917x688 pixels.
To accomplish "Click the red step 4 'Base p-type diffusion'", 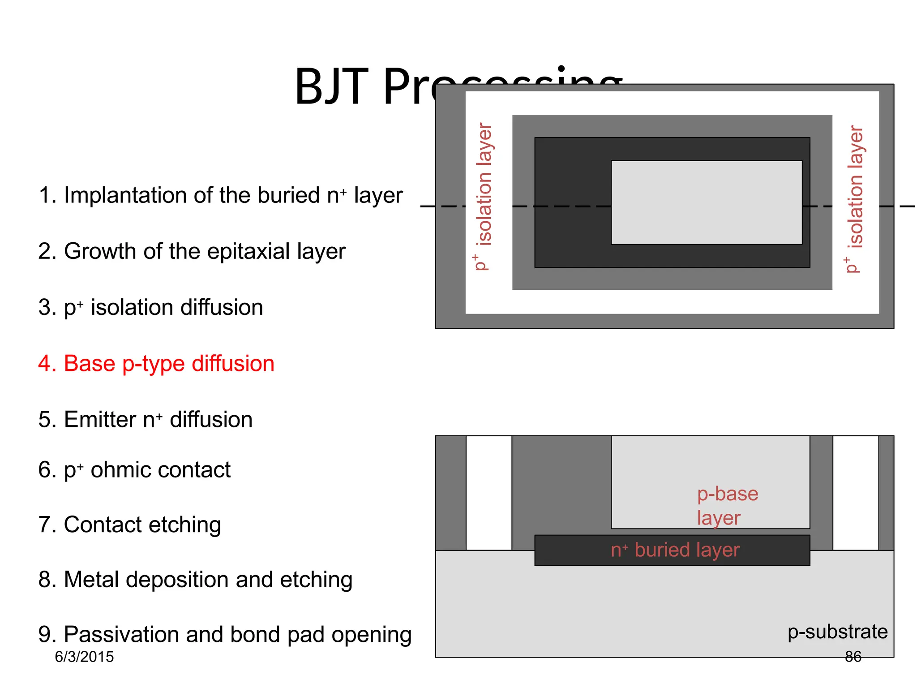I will [x=156, y=363].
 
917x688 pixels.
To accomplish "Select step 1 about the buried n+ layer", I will [x=220, y=195].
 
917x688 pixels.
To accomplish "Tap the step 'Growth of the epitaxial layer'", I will [x=192, y=251].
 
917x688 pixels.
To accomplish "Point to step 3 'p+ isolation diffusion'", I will [x=150, y=307].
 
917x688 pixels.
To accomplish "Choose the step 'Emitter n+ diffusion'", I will [x=145, y=420].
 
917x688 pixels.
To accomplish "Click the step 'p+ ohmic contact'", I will [x=134, y=470].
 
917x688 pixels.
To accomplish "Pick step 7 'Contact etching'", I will [x=129, y=525].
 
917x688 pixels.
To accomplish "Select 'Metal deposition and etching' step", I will [x=195, y=580].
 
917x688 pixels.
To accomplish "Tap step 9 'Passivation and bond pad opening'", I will [x=225, y=635].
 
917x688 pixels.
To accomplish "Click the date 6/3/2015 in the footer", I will [x=84, y=657].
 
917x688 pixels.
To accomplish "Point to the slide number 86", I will [x=853, y=657].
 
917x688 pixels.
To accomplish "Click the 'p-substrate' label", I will [x=837, y=632].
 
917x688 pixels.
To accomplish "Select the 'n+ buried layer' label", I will [x=675, y=550].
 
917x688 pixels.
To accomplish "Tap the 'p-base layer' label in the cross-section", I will [x=727, y=506].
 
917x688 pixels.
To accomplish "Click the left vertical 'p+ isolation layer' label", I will [x=483, y=197].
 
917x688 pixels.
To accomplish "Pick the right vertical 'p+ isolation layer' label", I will [x=855, y=199].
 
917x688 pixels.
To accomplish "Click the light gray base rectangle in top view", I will [x=706, y=202].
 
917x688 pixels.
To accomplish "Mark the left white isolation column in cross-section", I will [x=488, y=493].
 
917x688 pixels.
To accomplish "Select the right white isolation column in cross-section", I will [x=855, y=493].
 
